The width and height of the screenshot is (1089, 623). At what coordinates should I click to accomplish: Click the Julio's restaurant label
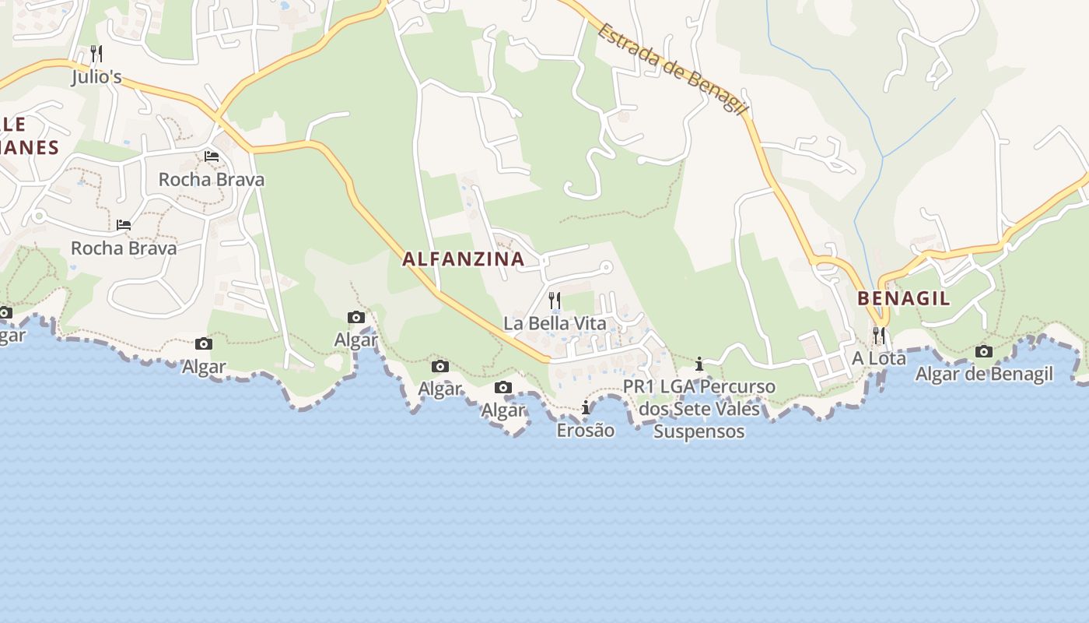point(97,77)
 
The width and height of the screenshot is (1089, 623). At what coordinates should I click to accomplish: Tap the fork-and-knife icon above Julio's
point(96,54)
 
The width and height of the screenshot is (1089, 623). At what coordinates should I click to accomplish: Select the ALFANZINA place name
point(463,259)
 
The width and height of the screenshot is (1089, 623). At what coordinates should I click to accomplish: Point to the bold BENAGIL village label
point(904,298)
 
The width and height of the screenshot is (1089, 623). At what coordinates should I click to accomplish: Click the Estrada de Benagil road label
point(672,69)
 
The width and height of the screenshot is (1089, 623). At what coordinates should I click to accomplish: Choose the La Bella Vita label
point(555,323)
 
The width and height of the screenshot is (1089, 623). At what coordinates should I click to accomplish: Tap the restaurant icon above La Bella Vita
point(555,300)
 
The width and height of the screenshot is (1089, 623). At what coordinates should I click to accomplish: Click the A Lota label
point(879,359)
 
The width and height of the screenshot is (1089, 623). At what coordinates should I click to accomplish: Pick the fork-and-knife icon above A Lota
point(879,336)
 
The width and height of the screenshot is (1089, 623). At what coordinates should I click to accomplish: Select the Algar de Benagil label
point(984,375)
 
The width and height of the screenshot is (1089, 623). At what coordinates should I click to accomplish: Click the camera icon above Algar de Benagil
point(984,351)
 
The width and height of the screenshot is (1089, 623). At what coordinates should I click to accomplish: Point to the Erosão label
point(586,431)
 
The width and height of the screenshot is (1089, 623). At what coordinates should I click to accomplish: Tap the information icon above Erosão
point(586,407)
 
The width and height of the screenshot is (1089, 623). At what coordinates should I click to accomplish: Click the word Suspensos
point(699,432)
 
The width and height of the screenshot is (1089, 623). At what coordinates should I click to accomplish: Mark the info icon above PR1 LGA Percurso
point(699,364)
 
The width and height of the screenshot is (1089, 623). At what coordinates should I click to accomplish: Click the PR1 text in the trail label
point(639,387)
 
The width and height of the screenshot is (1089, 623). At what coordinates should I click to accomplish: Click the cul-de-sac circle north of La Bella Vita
point(607,267)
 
